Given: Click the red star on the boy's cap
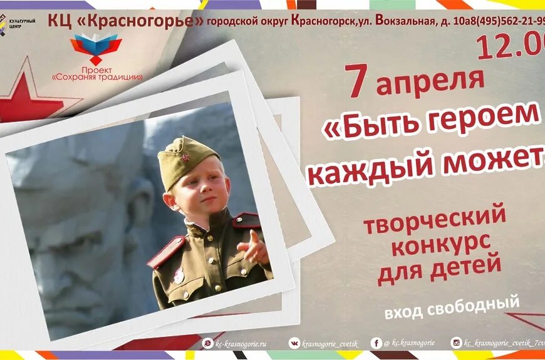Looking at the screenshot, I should tap(185, 158).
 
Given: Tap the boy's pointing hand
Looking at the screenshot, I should tap(255, 247).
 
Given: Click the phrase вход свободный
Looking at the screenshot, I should tap(452, 307).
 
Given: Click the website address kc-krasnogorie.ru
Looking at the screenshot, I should tap(241, 343).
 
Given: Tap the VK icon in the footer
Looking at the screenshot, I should tap(294, 342).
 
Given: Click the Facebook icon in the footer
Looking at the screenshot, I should tap(376, 343).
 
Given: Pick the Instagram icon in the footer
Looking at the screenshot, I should tap(457, 342).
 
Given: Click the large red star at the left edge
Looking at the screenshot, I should tap(22, 94).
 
